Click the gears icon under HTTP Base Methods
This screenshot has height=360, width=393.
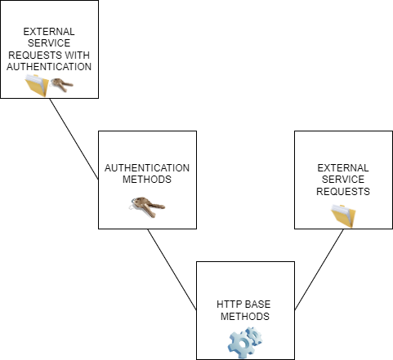click(x=244, y=341)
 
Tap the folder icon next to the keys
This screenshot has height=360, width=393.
click(x=37, y=85)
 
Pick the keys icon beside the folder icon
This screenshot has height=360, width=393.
click(x=61, y=84)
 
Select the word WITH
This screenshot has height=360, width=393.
click(x=76, y=55)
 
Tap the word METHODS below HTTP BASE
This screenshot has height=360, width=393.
click(x=244, y=316)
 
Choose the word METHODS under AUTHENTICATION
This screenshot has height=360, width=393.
click(x=147, y=179)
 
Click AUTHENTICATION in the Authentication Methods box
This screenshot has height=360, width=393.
click(x=147, y=167)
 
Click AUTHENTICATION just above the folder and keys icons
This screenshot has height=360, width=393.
click(x=49, y=66)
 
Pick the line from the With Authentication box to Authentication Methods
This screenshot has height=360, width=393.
click(x=74, y=139)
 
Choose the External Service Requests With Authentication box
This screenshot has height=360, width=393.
click(x=16, y=16)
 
